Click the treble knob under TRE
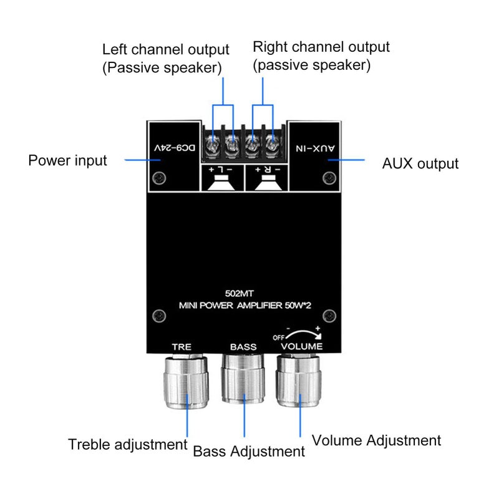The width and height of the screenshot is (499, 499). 186,381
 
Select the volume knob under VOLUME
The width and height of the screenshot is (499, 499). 299,380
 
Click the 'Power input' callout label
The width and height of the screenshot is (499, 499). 67,161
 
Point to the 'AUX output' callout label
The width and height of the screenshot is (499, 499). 420,164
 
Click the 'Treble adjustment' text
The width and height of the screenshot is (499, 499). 128,444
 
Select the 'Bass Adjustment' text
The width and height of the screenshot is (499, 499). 249,451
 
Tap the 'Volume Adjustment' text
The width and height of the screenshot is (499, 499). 376,441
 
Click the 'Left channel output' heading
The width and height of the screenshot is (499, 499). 165,50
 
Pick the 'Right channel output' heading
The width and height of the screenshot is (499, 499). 321,47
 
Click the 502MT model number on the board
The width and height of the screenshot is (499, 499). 240,293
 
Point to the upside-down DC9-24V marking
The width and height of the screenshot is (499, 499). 175,148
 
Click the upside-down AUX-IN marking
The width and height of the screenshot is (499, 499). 315,148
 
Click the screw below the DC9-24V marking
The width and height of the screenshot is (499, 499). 159,178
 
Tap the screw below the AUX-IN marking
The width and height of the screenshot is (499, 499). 329,178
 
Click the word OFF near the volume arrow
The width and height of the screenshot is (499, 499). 278,337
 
